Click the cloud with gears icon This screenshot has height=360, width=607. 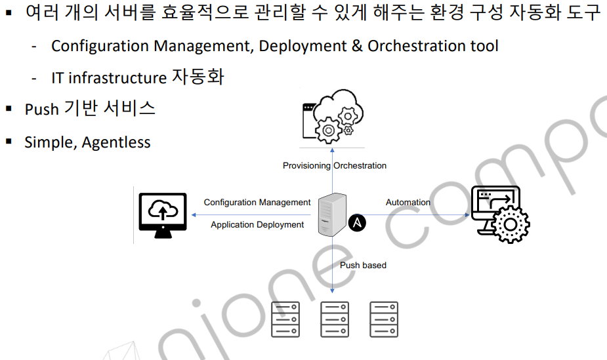tap(331, 118)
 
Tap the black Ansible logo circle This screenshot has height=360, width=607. tap(357, 223)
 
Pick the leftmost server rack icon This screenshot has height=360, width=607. tap(285, 319)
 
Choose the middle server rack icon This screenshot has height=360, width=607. tap(335, 319)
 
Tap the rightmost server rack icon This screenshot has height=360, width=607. tap(384, 319)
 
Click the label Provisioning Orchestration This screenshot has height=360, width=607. tap(335, 165)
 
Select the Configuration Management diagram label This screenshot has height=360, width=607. tap(257, 202)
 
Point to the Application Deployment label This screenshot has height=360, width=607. tap(257, 224)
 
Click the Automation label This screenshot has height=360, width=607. tap(408, 202)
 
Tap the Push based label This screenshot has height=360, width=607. tap(363, 265)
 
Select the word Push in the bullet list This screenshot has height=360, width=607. tap(42, 109)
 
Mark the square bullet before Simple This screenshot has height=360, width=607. tap(9, 142)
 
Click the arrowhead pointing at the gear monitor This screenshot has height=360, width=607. tap(468, 214)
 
